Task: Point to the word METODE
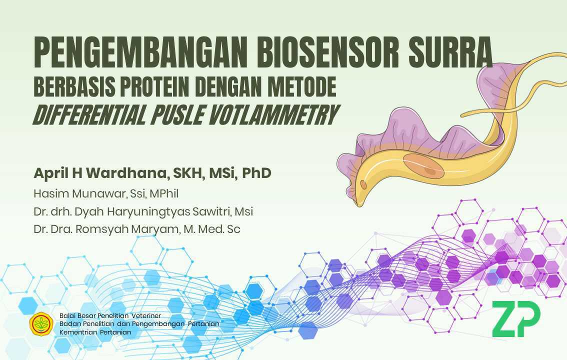[x=302, y=87]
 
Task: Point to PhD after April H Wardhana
[x=256, y=173]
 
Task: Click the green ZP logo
[x=515, y=319]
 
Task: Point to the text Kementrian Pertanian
[x=95, y=332]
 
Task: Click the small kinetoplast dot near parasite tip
[x=363, y=184]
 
